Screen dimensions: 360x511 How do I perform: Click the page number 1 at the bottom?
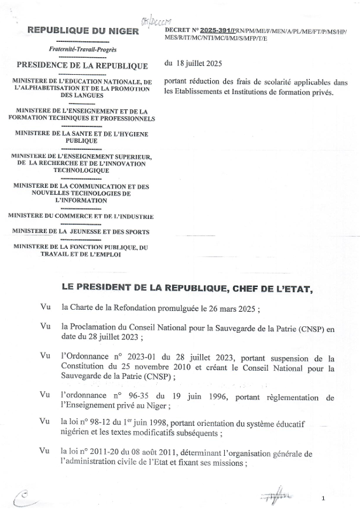coord(323,498)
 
